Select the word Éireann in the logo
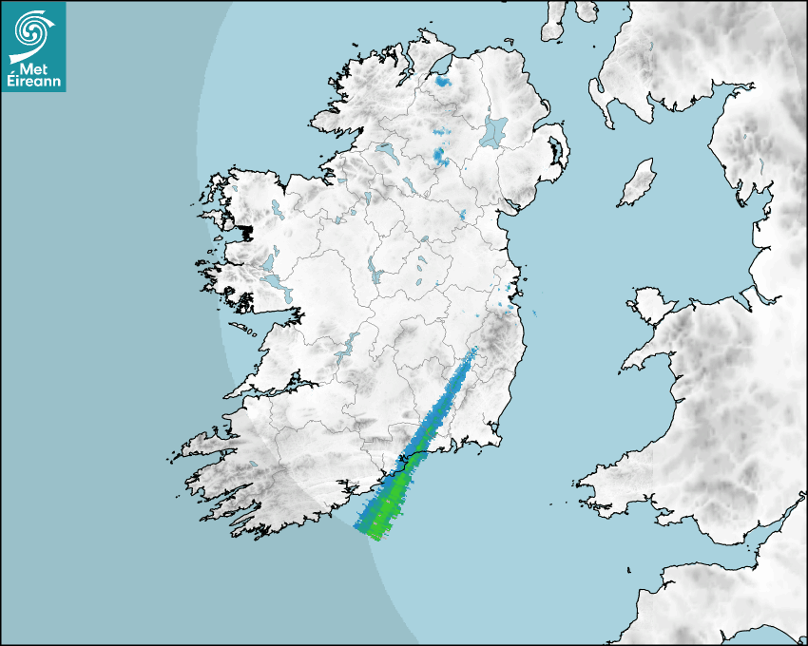[33, 82]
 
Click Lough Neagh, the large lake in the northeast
[494, 130]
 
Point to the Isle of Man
[638, 183]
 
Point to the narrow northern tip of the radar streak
[472, 353]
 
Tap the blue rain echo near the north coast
[442, 82]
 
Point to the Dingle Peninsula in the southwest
[204, 446]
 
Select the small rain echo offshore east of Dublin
[533, 314]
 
